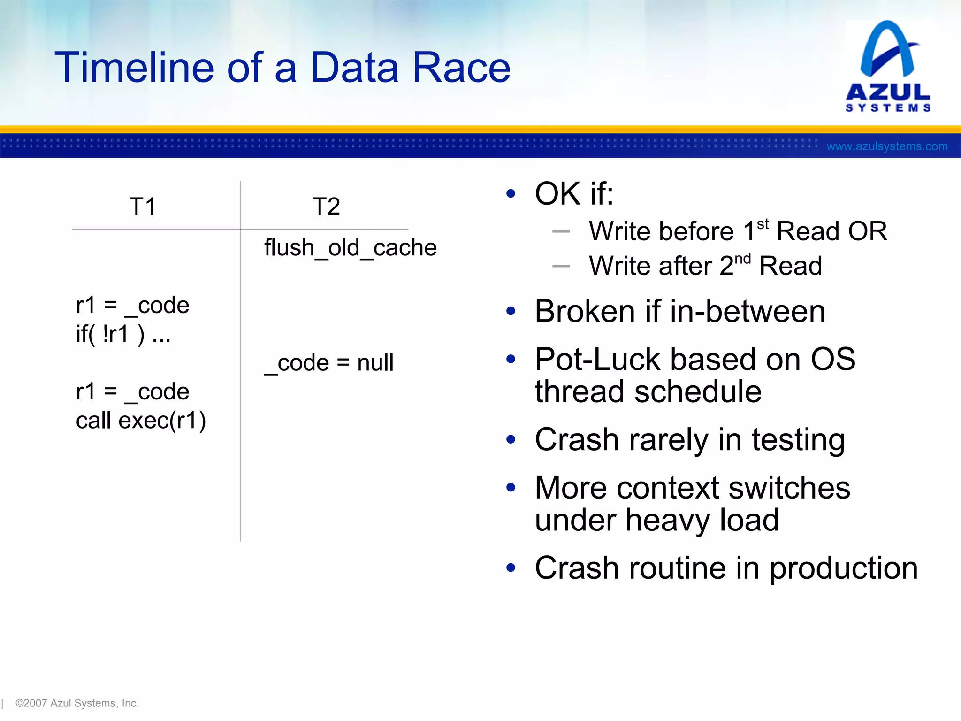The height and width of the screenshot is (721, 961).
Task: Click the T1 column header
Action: point(142,207)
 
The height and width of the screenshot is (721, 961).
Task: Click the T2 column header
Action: point(326,207)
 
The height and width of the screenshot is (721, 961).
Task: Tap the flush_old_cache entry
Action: point(350,248)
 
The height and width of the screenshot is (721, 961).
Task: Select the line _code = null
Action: point(329,363)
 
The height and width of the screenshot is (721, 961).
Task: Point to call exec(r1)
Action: point(141,421)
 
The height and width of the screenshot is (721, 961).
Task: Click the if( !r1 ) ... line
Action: point(123,334)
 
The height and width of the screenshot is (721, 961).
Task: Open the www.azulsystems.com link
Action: point(887,146)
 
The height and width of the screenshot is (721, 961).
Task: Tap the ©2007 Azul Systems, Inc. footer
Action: point(77,703)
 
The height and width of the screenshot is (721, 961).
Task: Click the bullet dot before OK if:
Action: point(511,193)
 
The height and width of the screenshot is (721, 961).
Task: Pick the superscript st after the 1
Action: point(763,224)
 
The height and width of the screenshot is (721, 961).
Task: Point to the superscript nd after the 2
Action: point(742,259)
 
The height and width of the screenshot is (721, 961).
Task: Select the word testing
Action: point(798,440)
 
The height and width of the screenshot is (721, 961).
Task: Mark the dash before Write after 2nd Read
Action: point(561,266)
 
